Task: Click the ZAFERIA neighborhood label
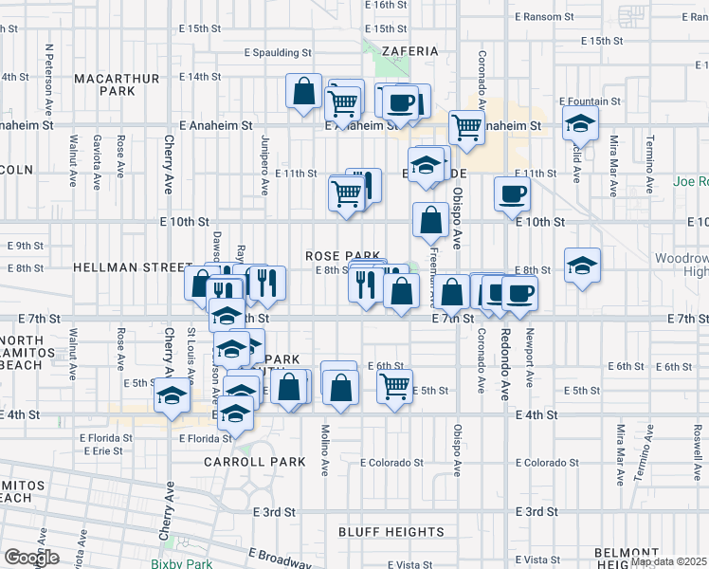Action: coord(411,51)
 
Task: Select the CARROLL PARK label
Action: coord(255,462)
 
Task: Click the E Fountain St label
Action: coord(590,101)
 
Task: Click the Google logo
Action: coord(31,557)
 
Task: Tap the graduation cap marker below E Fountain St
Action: coord(580,123)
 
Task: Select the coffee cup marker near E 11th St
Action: coord(512,193)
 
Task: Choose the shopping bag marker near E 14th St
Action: coord(303,93)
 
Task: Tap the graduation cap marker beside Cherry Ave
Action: coord(173,395)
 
